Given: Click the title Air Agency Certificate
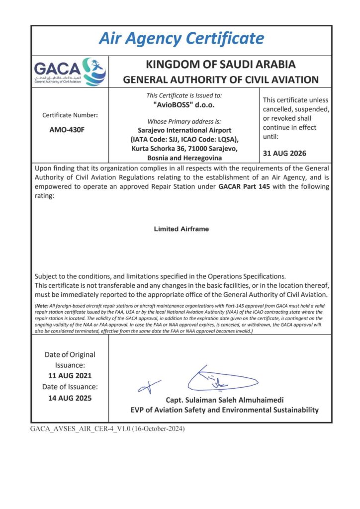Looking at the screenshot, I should click(181, 38).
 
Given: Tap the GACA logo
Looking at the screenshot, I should click(70, 72).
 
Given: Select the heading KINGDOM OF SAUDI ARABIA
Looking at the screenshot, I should click(220, 65).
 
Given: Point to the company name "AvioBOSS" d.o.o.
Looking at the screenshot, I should click(184, 105).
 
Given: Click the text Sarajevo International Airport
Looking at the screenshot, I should click(184, 130).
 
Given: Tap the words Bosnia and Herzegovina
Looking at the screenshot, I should click(184, 157).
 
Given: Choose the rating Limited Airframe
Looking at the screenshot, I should click(181, 229).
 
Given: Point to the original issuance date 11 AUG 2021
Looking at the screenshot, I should click(70, 375).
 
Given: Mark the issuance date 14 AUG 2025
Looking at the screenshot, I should click(70, 398).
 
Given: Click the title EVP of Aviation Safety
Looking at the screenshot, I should click(223, 410).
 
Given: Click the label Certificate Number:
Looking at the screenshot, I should click(70, 115).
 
